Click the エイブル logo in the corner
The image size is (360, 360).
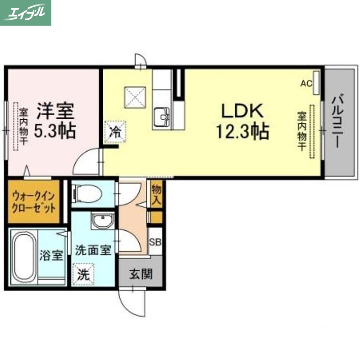26,13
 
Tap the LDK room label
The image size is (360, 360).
241,111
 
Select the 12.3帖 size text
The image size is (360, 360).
242,131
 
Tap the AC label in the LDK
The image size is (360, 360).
306,83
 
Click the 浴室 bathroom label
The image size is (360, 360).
51,256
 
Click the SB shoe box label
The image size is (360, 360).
155,242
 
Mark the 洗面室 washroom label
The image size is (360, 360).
93,251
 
